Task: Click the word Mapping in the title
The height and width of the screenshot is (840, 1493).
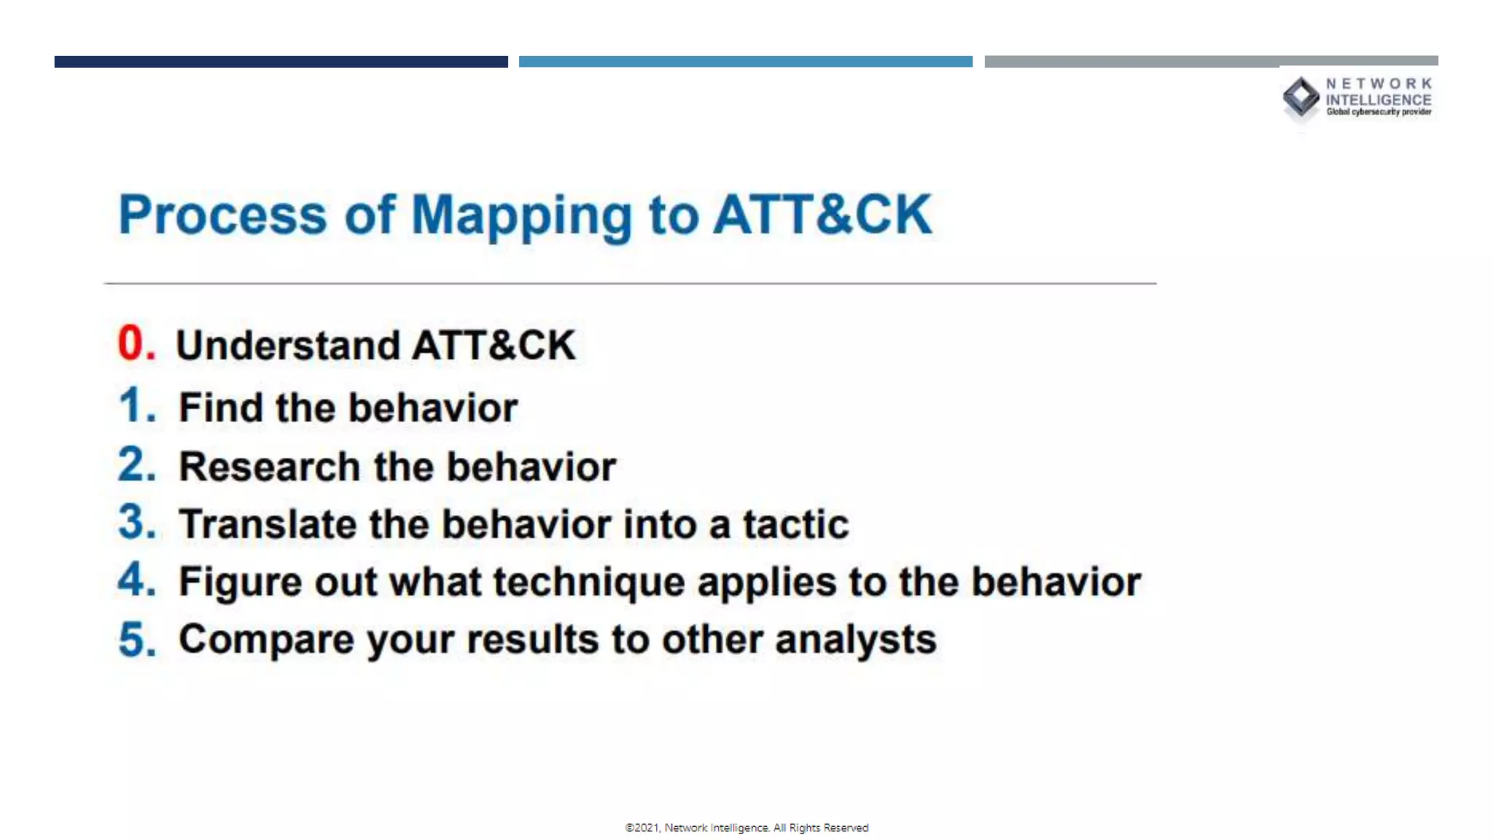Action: [x=521, y=216]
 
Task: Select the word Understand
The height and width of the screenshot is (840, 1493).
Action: [x=288, y=345]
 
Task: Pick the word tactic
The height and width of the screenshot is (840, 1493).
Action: [x=795, y=524]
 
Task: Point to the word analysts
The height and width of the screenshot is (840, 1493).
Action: [x=855, y=639]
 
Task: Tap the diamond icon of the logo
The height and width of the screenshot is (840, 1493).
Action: [x=1301, y=97]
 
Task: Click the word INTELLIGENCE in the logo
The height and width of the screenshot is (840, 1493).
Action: [x=1378, y=100]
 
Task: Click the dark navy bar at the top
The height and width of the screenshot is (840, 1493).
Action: [x=281, y=62]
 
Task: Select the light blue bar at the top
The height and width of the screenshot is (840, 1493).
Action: [x=745, y=62]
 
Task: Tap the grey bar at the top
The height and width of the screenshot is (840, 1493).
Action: [x=1210, y=61]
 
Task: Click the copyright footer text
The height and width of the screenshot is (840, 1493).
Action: [x=746, y=828]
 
